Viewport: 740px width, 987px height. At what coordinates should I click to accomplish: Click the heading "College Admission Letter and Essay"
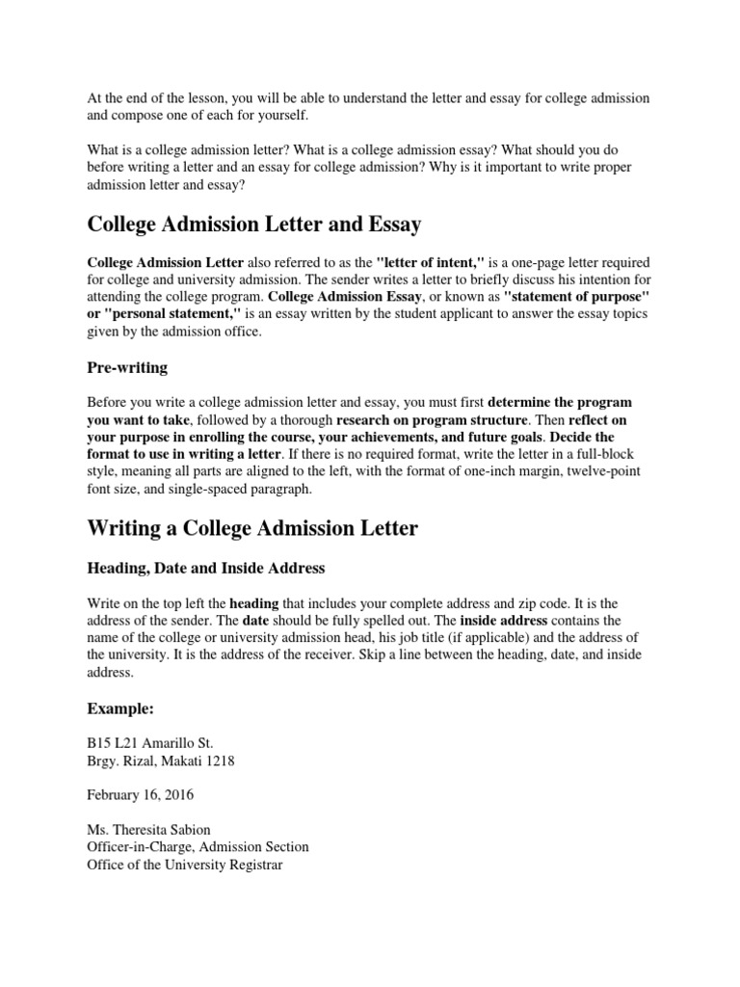(254, 226)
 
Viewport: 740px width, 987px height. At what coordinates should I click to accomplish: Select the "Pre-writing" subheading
(127, 367)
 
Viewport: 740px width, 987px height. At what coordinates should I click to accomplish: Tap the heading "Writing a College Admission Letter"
(252, 528)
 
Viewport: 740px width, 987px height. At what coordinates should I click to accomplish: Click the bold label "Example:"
(120, 708)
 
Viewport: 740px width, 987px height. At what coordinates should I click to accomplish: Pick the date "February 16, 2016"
(140, 795)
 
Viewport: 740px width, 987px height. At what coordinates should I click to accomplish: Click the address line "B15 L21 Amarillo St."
(151, 743)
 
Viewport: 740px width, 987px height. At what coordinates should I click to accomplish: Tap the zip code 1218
(219, 760)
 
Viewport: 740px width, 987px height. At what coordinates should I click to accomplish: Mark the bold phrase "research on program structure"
(432, 419)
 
